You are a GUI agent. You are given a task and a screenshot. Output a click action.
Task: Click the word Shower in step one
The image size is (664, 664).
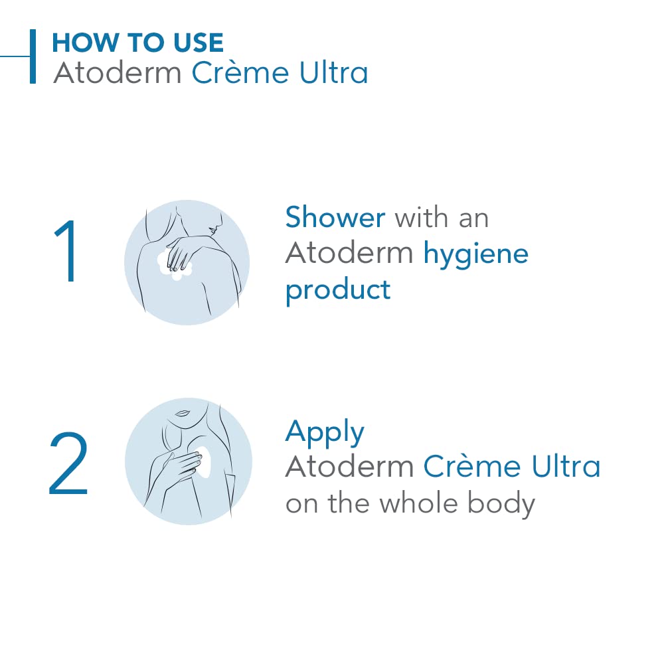pyautogui.click(x=335, y=217)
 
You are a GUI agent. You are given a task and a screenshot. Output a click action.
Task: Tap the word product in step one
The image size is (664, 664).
pyautogui.click(x=338, y=291)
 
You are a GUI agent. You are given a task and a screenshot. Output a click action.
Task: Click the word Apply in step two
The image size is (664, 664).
pyautogui.click(x=325, y=433)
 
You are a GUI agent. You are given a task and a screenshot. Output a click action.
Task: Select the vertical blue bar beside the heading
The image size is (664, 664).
pyautogui.click(x=33, y=56)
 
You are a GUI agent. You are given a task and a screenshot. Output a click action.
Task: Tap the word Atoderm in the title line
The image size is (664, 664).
pyautogui.click(x=118, y=72)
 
